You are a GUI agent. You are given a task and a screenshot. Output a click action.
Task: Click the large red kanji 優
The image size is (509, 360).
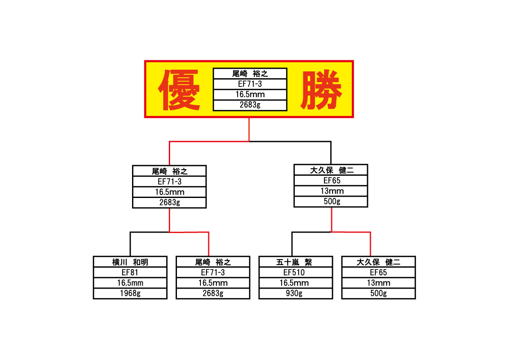tap(179, 90)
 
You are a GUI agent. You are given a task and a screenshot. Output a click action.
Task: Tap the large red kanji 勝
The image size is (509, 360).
tap(321, 90)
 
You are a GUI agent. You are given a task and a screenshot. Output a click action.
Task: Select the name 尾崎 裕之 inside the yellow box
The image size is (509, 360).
tap(250, 74)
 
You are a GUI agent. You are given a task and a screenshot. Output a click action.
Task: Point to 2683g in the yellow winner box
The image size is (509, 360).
tap(250, 105)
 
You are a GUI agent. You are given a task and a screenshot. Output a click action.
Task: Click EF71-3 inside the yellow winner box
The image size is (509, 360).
tap(250, 84)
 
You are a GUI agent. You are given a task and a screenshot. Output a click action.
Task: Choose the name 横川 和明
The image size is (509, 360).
tap(130, 262)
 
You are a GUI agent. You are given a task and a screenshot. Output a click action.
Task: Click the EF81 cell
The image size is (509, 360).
tap(130, 272)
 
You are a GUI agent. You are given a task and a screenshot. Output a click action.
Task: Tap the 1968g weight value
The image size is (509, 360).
tap(130, 293)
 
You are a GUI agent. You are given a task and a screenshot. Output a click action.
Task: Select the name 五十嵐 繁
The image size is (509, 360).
tap(294, 262)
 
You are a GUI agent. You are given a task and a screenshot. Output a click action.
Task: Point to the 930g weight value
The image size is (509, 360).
tap(294, 293)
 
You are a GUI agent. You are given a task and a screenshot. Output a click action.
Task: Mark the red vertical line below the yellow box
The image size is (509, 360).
tap(249, 130)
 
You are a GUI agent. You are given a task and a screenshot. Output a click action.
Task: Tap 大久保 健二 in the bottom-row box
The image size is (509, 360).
tap(379, 262)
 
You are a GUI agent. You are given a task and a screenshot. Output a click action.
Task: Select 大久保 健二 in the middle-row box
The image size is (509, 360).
tap(332, 170)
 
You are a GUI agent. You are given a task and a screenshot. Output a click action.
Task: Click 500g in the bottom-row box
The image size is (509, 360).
tap(379, 293)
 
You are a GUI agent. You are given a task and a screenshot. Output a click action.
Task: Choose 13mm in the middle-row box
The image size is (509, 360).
tap(332, 191)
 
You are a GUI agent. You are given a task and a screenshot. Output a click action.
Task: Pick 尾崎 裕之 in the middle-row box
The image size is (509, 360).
tap(169, 171)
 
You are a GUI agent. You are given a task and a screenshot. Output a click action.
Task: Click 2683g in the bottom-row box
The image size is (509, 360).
tap(213, 293)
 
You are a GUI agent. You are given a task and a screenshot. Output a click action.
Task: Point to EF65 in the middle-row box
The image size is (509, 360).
tap(332, 180)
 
